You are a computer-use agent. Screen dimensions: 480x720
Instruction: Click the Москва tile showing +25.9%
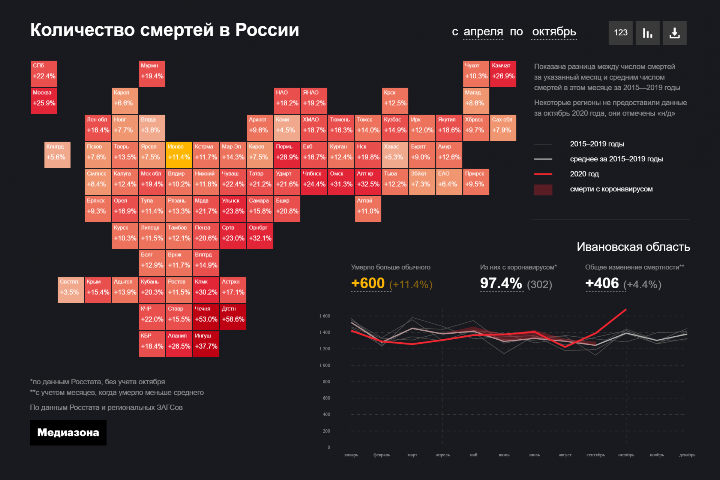pos(44,101)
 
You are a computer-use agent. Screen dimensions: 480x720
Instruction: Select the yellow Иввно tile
pos(179,155)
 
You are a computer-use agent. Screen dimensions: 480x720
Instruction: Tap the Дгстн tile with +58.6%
pos(233,317)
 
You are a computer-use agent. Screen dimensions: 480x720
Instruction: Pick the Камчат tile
pos(503,74)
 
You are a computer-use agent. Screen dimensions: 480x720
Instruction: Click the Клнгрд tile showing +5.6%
pos(57,155)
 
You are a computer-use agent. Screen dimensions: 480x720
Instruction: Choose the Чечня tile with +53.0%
pos(206,317)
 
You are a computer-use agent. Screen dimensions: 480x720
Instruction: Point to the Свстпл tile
pos(71,290)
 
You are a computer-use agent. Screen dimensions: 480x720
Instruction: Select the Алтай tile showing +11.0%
pos(368,209)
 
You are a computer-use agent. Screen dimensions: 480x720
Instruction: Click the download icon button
pos(674,33)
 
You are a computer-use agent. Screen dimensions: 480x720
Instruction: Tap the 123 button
pos(620,33)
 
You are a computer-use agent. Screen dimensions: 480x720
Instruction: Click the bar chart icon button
pos(647,33)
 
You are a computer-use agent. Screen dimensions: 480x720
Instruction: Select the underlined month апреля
pos(483,32)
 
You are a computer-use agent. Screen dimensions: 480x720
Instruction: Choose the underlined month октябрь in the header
pos(554,32)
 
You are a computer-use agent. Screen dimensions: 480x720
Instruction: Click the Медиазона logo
pos(68,433)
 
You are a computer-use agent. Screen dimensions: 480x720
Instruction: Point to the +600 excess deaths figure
pos(368,283)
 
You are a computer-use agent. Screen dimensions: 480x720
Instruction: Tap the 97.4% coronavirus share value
pos(501,283)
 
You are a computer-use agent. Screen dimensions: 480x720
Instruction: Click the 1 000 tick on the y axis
pos(325,365)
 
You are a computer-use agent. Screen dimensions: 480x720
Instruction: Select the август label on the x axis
pos(565,455)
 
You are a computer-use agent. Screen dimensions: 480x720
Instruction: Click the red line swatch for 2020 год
pos(543,174)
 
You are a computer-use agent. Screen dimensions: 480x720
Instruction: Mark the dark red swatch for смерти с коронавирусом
pos(543,190)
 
